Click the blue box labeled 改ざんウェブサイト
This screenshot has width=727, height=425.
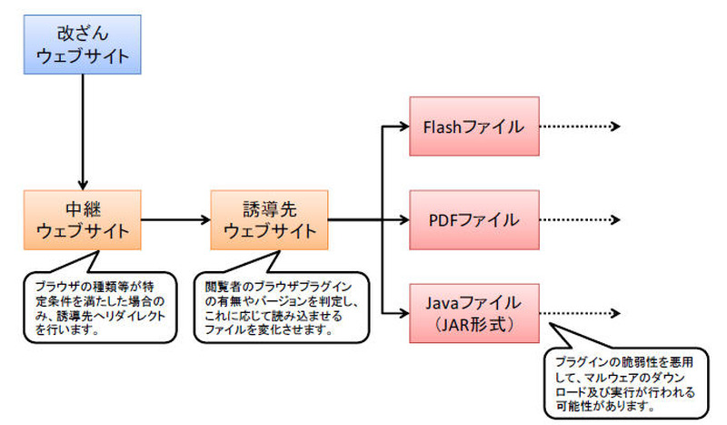[83, 44]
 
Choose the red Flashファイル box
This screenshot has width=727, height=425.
[474, 126]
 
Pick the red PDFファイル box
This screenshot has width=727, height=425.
[474, 219]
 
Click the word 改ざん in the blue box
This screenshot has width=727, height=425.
[83, 33]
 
